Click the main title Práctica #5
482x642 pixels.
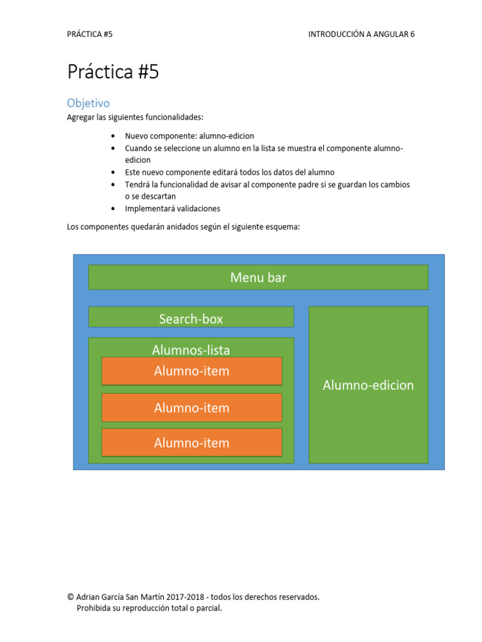pyautogui.click(x=113, y=72)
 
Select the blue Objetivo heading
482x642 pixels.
pyautogui.click(x=88, y=103)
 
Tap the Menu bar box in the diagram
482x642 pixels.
pyautogui.click(x=258, y=277)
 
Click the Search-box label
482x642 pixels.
pyautogui.click(x=191, y=318)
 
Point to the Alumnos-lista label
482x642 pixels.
pyautogui.click(x=191, y=350)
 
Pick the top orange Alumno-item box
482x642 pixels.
pyautogui.click(x=191, y=371)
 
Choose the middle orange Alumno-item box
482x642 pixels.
pyautogui.click(x=191, y=408)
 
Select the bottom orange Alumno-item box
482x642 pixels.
pyautogui.click(x=191, y=443)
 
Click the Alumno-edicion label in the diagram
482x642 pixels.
pyautogui.click(x=368, y=385)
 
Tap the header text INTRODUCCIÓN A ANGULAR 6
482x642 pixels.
pyautogui.click(x=361, y=34)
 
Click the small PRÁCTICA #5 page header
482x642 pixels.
pyautogui.click(x=90, y=34)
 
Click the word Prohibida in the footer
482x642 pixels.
pyautogui.click(x=93, y=608)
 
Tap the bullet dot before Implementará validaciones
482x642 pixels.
pyautogui.click(x=112, y=209)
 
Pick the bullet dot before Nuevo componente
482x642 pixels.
pyautogui.click(x=112, y=136)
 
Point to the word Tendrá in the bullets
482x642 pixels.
pyautogui.click(x=137, y=184)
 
